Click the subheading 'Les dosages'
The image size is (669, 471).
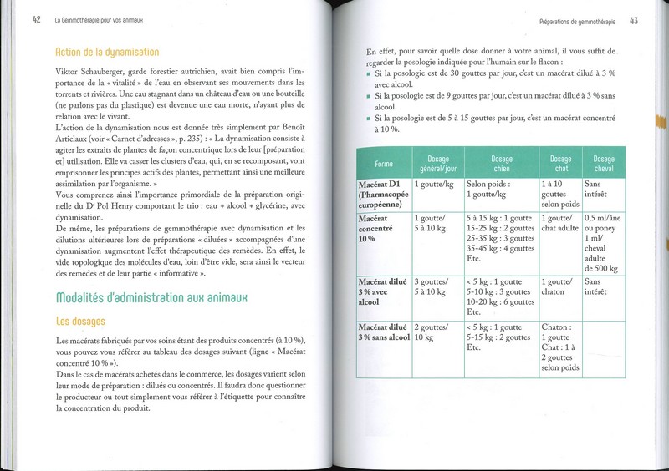81,320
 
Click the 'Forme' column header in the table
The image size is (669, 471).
384,164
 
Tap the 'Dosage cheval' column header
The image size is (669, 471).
603,164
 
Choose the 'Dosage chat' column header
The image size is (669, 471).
559,164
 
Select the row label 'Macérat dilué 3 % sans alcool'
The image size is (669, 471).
386,337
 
